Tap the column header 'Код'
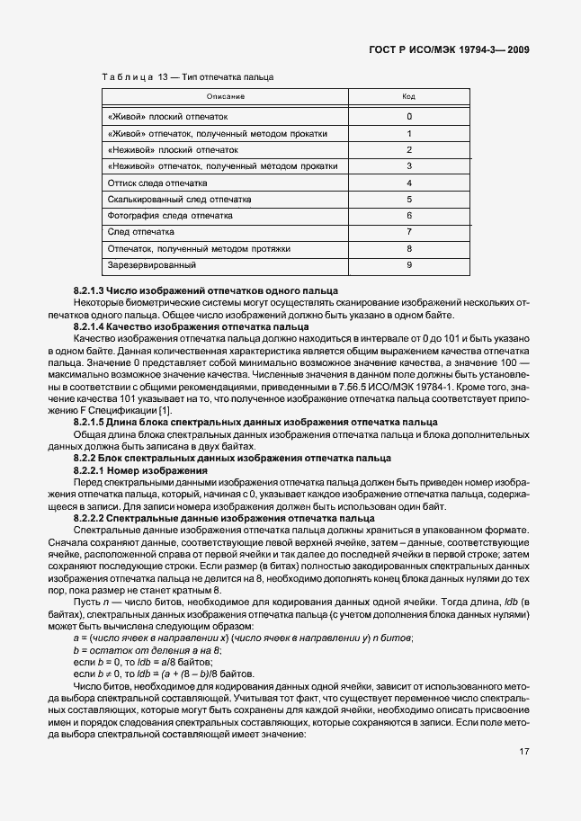(x=408, y=96)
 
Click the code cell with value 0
(x=408, y=117)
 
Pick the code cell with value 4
(x=408, y=183)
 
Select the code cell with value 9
(x=408, y=265)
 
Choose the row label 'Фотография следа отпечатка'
(x=170, y=216)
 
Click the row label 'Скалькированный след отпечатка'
(x=179, y=200)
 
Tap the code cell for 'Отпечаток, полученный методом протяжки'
(x=408, y=248)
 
